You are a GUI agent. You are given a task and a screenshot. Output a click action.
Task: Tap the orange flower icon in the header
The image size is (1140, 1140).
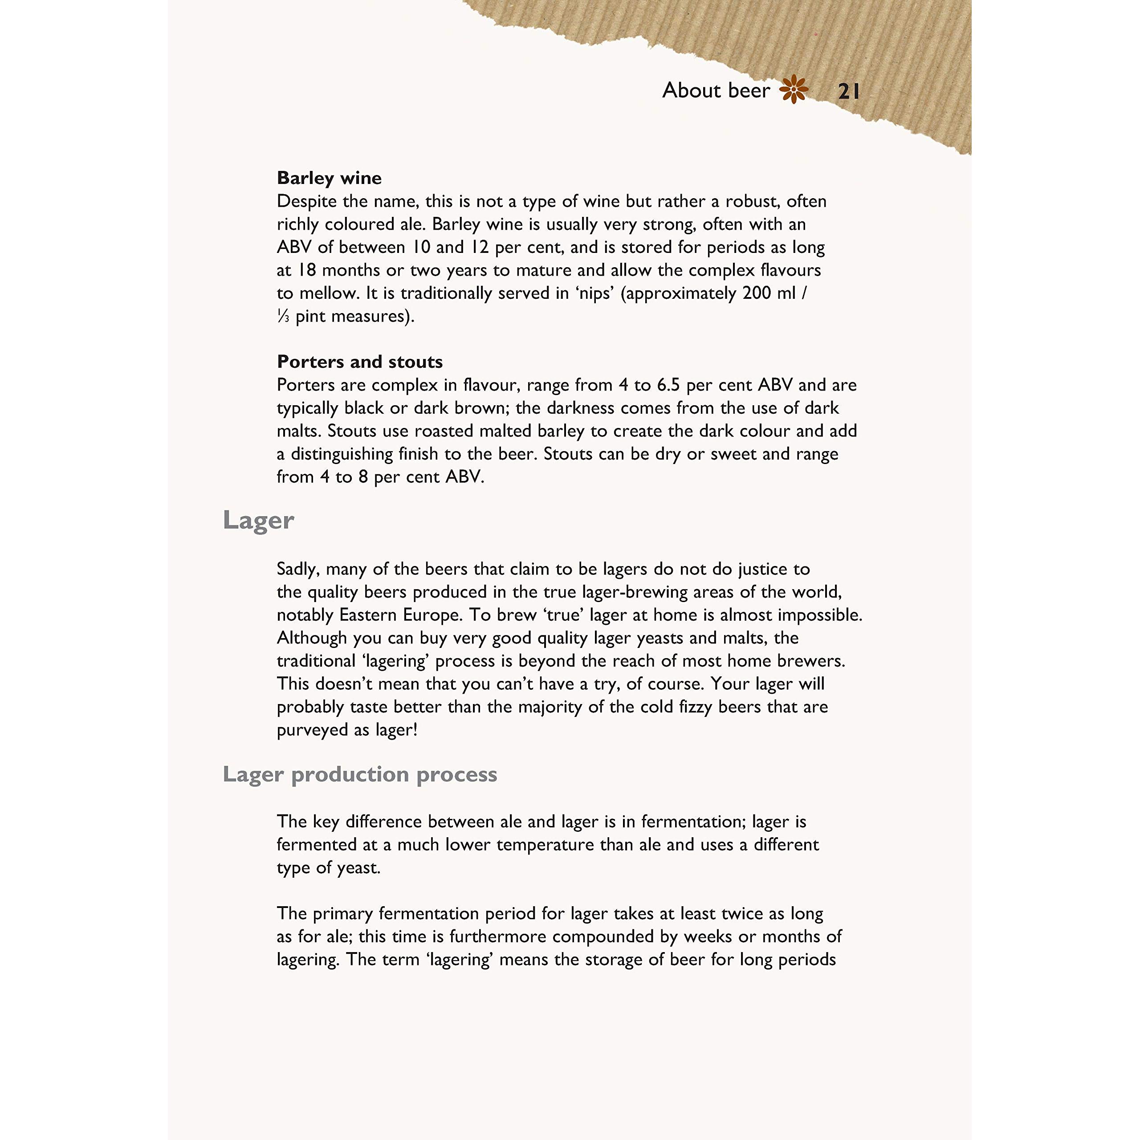pyautogui.click(x=794, y=90)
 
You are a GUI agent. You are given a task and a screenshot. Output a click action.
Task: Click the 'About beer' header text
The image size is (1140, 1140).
pyautogui.click(x=716, y=90)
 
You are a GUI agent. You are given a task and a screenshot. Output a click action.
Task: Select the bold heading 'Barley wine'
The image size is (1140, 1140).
pyautogui.click(x=329, y=178)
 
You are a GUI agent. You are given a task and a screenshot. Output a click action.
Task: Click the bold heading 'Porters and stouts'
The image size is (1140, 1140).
pyautogui.click(x=360, y=362)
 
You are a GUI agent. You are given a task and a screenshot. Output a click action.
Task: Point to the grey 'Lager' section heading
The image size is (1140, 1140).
pyautogui.click(x=258, y=521)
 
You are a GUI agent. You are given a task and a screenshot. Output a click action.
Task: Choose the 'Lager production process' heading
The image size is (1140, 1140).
pyautogui.click(x=360, y=774)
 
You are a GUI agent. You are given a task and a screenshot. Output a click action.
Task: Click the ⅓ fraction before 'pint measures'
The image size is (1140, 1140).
pyautogui.click(x=283, y=316)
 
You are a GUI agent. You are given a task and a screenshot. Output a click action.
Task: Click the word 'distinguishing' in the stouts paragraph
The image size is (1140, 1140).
pyautogui.click(x=341, y=454)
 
